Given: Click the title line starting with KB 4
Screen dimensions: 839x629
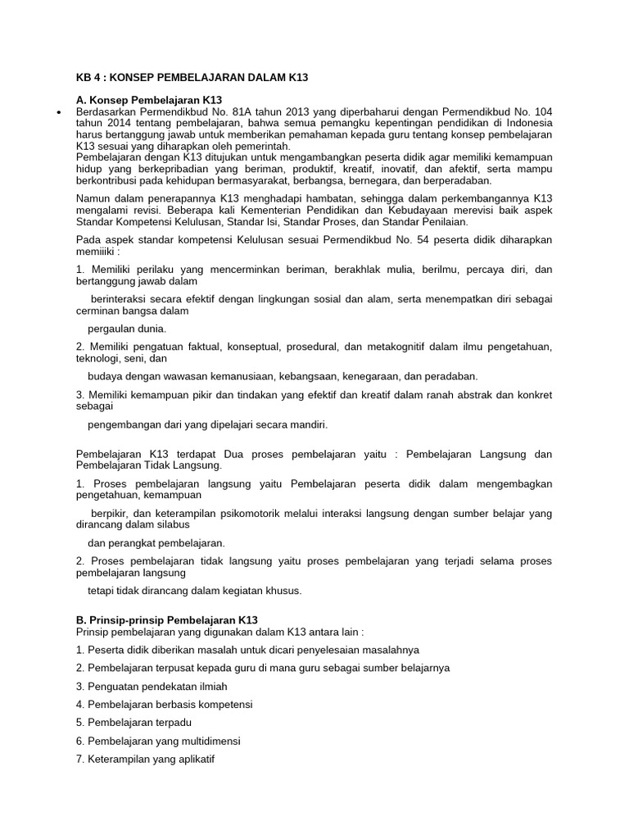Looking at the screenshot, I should pyautogui.click(x=192, y=77).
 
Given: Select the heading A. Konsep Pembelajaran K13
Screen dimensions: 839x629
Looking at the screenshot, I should pyautogui.click(x=149, y=99).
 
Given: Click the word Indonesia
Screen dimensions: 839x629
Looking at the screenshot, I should pyautogui.click(x=527, y=122).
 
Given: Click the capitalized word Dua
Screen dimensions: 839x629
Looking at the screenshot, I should pyautogui.click(x=266, y=453).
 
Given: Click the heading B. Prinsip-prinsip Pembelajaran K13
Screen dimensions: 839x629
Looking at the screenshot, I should pyautogui.click(x=166, y=619).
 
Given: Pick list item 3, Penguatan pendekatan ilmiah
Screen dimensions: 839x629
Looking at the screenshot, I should pyautogui.click(x=152, y=686).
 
